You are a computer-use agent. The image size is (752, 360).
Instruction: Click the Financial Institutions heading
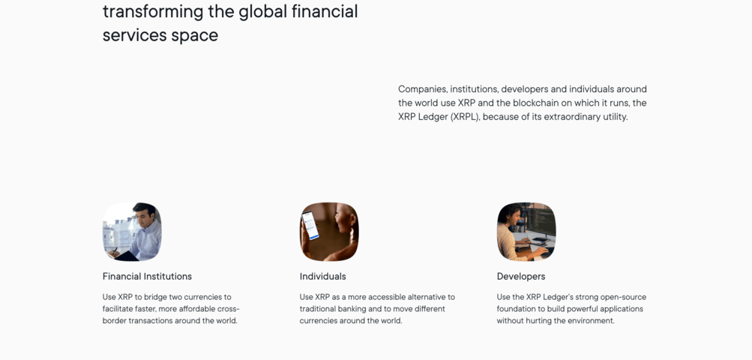(x=147, y=277)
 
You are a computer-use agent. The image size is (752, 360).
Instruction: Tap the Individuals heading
(x=322, y=277)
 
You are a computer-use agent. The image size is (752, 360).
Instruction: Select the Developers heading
(x=521, y=277)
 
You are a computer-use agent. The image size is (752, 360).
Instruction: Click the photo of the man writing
(x=132, y=232)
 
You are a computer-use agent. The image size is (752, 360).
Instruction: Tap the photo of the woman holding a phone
(x=329, y=232)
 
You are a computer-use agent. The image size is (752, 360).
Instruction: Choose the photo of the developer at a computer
(x=526, y=232)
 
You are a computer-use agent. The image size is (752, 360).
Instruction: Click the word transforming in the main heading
(x=153, y=11)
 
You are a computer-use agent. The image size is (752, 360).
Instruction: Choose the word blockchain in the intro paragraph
(x=537, y=103)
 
